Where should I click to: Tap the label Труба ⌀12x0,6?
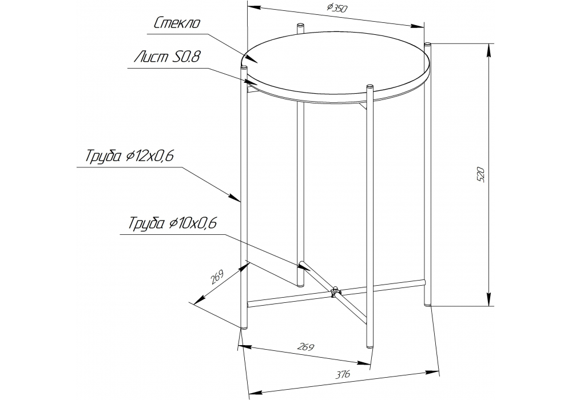(129, 156)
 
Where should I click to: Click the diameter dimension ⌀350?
(337, 8)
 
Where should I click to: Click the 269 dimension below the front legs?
(306, 347)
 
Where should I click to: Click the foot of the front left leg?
(244, 327)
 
